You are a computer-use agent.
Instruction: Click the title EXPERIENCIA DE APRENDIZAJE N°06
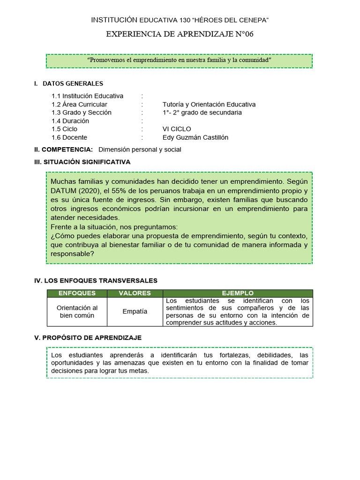180,34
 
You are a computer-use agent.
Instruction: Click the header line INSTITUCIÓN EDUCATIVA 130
180,20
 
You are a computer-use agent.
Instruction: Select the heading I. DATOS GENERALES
68,84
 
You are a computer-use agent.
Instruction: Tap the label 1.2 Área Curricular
79,105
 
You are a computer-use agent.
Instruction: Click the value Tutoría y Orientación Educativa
209,105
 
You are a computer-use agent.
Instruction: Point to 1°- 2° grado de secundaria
202,112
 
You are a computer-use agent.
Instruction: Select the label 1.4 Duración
70,121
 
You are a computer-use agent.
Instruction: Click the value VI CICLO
177,129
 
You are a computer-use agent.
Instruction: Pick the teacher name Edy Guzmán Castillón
195,137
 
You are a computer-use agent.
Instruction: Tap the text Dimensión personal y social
140,150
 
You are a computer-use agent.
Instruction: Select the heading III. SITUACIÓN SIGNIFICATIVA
82,162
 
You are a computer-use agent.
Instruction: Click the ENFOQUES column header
77,293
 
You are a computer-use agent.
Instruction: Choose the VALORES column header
135,293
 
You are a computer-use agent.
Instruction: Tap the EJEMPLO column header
238,293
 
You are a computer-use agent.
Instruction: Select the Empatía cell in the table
135,312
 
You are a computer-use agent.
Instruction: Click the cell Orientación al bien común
77,312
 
